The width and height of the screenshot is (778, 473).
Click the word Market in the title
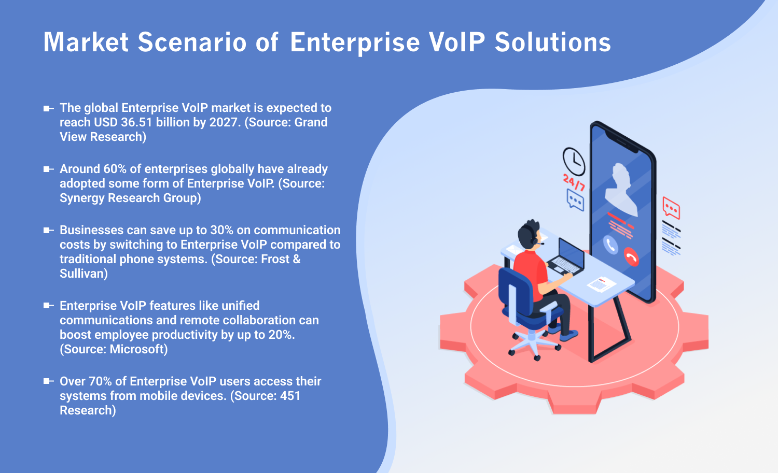pyautogui.click(x=86, y=42)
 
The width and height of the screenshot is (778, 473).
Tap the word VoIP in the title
pyautogui.click(x=457, y=42)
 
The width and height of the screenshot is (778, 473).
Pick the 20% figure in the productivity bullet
pyautogui.click(x=281, y=335)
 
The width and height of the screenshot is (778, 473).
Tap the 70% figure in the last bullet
pyautogui.click(x=100, y=382)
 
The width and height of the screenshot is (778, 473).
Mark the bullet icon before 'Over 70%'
pyautogui.click(x=48, y=381)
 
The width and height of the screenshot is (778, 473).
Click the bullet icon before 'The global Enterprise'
pyautogui.click(x=48, y=108)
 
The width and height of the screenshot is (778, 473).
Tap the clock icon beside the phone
pyautogui.click(x=574, y=161)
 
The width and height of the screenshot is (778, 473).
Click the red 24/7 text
pyautogui.click(x=574, y=182)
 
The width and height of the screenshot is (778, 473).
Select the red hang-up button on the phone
pyautogui.click(x=631, y=256)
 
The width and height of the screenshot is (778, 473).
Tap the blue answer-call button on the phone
pyautogui.click(x=610, y=245)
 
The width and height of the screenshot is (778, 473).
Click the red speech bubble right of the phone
pyautogui.click(x=671, y=208)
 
